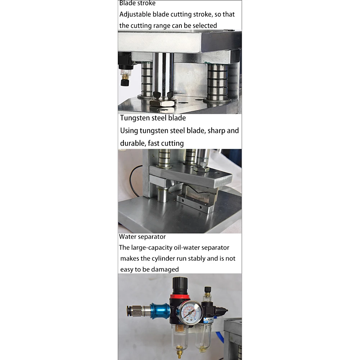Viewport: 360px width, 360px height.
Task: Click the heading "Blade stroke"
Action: (137, 3)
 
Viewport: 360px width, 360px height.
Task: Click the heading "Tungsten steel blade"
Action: (153, 118)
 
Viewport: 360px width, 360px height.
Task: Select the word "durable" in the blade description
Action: (133, 143)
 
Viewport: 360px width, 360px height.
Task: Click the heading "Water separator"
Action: (142, 237)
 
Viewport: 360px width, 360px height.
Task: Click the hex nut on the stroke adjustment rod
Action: (163, 102)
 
